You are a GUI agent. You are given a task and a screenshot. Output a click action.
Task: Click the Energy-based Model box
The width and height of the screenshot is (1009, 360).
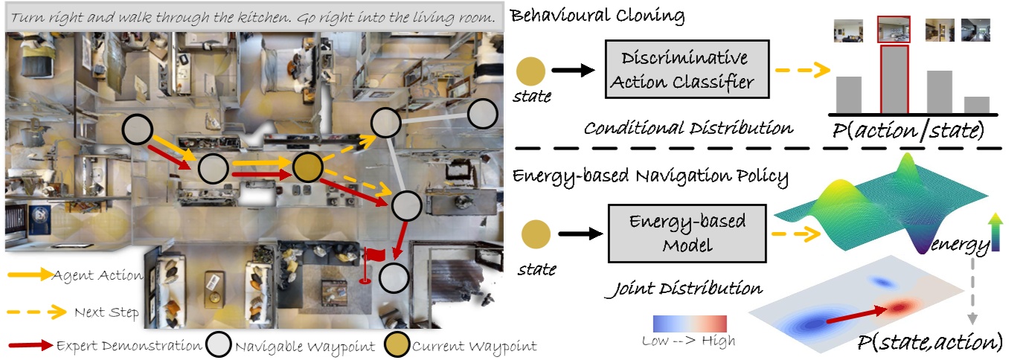pos(688,235)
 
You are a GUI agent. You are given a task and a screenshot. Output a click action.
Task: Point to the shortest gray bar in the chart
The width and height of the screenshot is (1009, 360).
pos(976,104)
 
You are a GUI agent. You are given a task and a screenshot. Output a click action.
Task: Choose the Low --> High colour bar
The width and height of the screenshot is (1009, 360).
pos(688,324)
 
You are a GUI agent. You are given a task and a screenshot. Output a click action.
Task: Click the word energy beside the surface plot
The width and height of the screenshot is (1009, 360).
pos(961,244)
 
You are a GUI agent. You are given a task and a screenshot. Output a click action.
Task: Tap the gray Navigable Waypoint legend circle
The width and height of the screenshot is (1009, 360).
pos(220,345)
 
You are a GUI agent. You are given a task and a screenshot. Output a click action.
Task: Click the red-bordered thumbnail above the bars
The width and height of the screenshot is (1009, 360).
pos(894,30)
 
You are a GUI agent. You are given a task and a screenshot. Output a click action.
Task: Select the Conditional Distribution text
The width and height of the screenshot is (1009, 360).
pos(688,128)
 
